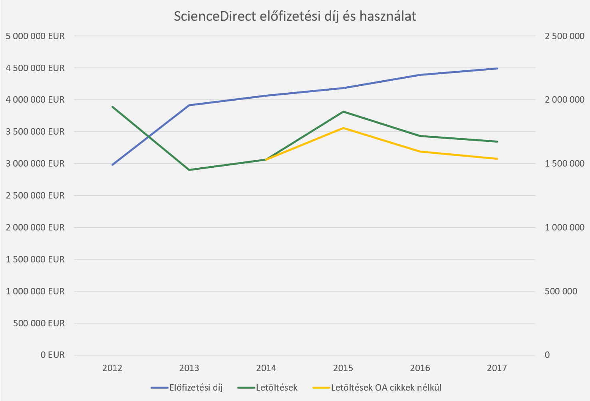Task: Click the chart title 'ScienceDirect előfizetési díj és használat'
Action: coord(295,16)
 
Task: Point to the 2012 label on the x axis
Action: coord(112,368)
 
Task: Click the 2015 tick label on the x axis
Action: coord(343,368)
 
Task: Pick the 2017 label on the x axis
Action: coord(497,368)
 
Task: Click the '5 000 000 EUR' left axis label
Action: coord(35,36)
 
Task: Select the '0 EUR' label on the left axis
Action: coord(52,355)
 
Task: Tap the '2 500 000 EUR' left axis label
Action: coord(35,195)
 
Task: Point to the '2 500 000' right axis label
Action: coord(564,36)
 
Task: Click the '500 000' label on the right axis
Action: coord(561,291)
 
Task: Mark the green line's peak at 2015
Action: coord(343,111)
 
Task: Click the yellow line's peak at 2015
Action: coord(343,128)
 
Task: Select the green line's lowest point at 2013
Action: coord(189,170)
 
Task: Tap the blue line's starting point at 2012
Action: coord(113,165)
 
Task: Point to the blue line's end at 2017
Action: coord(497,68)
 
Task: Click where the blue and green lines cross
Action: coord(149,136)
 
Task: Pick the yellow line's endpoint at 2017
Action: coord(497,159)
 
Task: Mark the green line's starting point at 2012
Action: coord(113,107)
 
